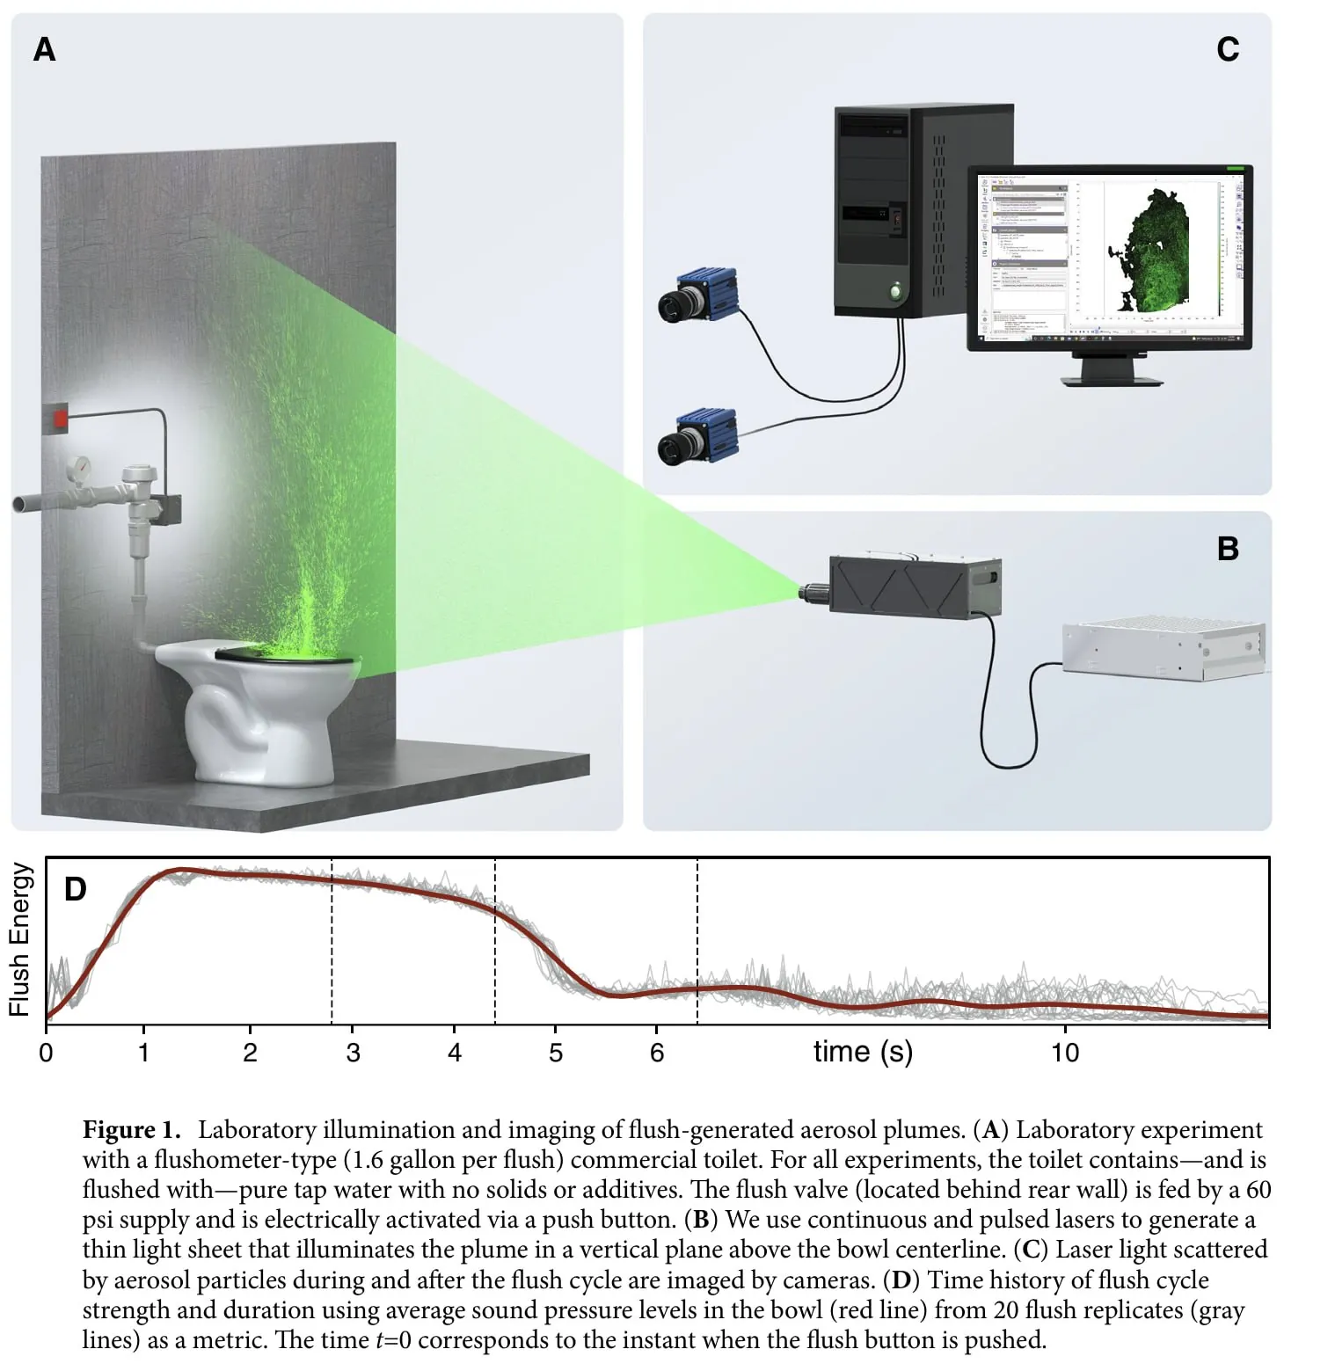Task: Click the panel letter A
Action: [44, 49]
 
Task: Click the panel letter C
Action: [1228, 49]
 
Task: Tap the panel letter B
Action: [1228, 549]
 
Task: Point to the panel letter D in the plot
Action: [76, 889]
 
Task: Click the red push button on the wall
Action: [59, 417]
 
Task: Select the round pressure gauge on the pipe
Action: [81, 466]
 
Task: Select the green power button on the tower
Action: [895, 289]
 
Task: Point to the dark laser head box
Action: [915, 585]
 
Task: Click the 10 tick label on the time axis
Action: [1065, 1053]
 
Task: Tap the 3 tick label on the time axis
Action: [353, 1053]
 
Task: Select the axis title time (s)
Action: [863, 1052]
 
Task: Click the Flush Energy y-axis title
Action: [19, 939]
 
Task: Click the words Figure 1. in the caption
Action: [131, 1130]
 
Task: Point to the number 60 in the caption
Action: [1258, 1190]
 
